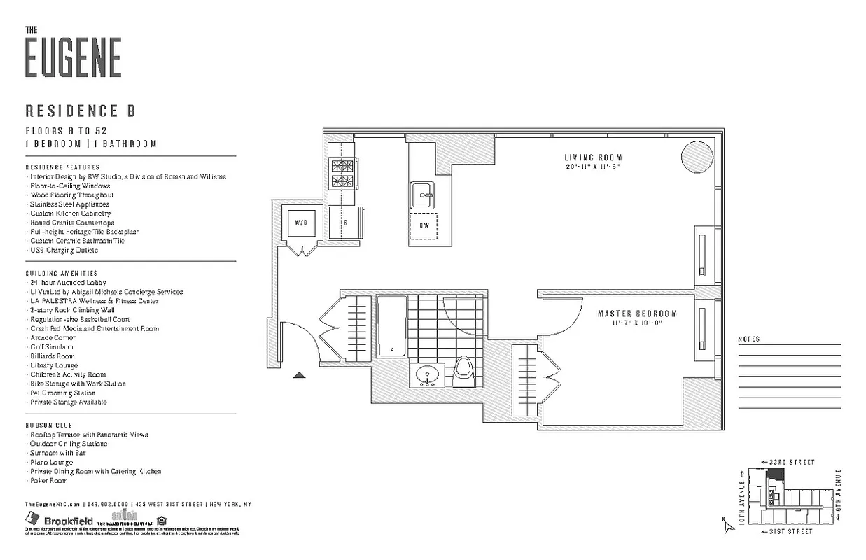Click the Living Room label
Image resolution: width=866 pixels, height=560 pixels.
tap(593, 157)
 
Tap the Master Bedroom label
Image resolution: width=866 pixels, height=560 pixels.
tap(637, 314)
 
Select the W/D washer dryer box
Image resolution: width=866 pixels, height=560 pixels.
tap(301, 223)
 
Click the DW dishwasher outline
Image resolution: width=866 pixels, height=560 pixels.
tap(424, 225)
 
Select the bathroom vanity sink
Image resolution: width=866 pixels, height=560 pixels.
tap(426, 376)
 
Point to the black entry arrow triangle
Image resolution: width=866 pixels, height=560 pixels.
tap(299, 376)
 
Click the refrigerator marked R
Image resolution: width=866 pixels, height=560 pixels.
tap(345, 223)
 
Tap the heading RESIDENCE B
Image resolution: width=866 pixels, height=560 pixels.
tap(80, 111)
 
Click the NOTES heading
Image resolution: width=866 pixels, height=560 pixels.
tap(748, 339)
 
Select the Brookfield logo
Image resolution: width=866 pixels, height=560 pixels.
tap(60, 520)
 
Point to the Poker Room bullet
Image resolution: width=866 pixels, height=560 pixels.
tap(48, 481)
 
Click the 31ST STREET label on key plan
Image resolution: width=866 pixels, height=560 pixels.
tap(788, 532)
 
